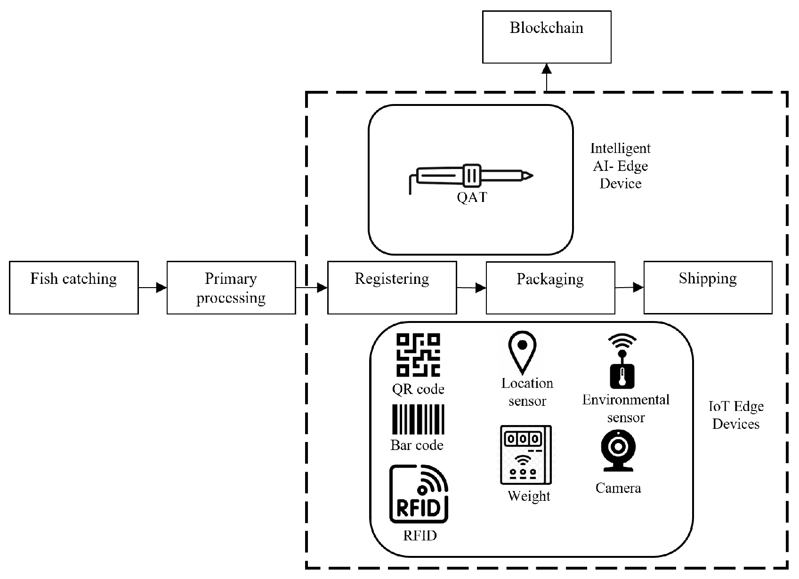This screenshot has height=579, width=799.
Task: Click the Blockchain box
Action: point(547,37)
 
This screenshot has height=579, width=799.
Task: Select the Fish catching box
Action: point(74,287)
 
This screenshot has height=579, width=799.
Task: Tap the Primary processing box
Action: point(231,287)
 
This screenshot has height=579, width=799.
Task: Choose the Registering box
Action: point(392,287)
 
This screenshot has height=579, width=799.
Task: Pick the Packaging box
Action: point(550,287)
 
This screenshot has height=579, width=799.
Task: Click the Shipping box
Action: point(708,287)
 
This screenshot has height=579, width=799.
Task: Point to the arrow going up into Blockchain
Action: point(547,77)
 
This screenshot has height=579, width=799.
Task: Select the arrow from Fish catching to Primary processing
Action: point(153,288)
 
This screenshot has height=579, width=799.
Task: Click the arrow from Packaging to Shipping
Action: point(630,287)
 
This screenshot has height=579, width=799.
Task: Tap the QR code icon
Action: point(418,355)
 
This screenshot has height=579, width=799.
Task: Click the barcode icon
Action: point(418,419)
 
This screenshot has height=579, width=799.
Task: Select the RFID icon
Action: point(419,494)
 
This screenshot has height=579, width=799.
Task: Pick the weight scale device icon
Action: point(526,455)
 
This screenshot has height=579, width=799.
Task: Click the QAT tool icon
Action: point(471,177)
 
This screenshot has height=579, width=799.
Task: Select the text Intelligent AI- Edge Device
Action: point(620,166)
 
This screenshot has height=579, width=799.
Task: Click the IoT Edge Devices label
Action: point(735,415)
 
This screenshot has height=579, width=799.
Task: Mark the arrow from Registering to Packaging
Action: point(471,288)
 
